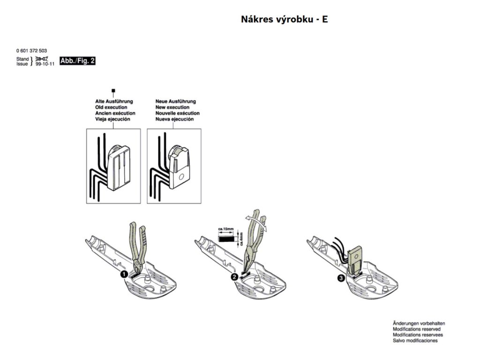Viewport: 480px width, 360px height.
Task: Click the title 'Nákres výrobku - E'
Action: pyautogui.click(x=284, y=20)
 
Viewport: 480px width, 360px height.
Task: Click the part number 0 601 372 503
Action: pyautogui.click(x=31, y=51)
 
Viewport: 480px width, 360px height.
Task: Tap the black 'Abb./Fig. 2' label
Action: pyautogui.click(x=77, y=61)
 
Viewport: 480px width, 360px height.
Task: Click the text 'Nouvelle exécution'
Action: pyautogui.click(x=177, y=113)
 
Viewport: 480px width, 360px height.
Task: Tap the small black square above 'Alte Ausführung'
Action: pyautogui.click(x=112, y=90)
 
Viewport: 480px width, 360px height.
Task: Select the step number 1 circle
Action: pyautogui.click(x=124, y=274)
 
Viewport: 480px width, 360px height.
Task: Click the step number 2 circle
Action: pyautogui.click(x=233, y=277)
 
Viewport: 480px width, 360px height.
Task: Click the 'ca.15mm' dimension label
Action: pyautogui.click(x=227, y=230)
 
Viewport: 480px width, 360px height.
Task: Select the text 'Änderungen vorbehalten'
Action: pyautogui.click(x=419, y=323)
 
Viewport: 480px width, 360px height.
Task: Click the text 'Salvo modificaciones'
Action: pyautogui.click(x=415, y=341)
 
